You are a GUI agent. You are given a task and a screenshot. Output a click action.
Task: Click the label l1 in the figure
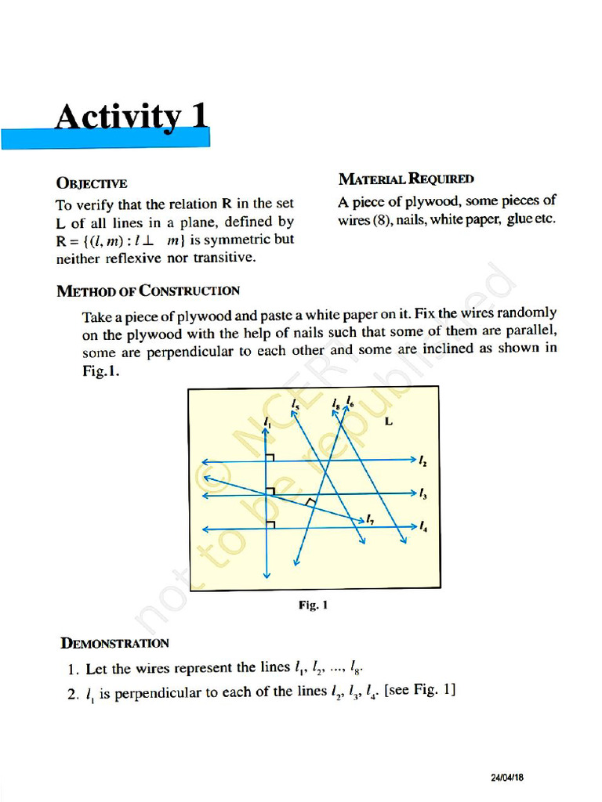pos(267,422)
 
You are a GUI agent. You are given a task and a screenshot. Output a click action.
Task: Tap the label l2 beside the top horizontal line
pos(422,461)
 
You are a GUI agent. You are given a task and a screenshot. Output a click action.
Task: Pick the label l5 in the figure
pos(294,404)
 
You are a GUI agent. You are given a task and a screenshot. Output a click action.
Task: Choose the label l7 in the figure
pos(370,518)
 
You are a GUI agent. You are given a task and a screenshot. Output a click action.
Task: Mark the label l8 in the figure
pos(336,404)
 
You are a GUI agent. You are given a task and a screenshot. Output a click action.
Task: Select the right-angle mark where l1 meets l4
pos(270,523)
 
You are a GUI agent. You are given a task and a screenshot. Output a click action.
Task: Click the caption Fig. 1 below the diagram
pos(313,605)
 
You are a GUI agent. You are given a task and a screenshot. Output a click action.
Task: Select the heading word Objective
pos(92,183)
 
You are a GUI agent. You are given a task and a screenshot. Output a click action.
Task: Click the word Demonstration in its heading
pos(114,643)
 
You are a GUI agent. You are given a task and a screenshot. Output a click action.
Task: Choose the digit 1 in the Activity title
pos(199,117)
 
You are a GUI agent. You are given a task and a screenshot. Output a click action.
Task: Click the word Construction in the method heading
pos(190,291)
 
